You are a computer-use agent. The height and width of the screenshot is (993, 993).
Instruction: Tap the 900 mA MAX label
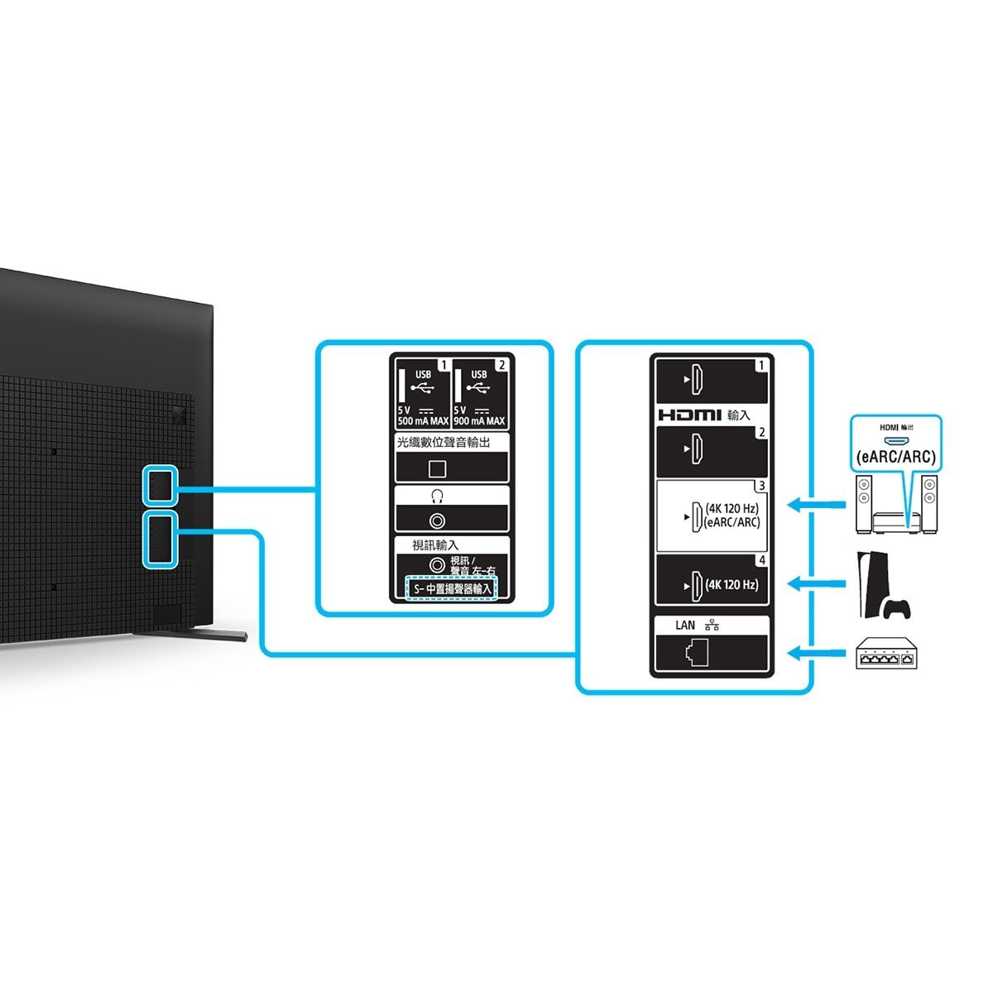479,421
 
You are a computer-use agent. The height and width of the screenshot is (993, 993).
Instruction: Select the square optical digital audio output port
437,468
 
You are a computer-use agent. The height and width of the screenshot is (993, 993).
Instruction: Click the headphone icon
437,496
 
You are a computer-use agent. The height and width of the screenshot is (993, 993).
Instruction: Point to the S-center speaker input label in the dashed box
452,589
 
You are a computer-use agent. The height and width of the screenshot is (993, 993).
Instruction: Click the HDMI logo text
689,415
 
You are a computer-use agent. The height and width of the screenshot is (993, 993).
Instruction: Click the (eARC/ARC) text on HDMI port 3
732,522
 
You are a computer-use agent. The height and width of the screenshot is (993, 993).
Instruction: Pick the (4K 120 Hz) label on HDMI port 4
732,585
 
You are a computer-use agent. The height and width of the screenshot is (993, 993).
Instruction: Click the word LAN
685,626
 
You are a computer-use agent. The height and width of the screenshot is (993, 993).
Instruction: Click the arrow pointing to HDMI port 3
814,504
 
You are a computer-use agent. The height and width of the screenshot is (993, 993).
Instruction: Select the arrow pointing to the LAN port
814,654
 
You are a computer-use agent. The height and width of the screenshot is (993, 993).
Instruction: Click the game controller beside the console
897,609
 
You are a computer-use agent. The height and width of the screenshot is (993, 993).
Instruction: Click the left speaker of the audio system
864,505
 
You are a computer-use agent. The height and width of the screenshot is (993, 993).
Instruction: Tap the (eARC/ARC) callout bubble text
896,456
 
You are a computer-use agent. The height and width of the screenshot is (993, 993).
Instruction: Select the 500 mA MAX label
423,421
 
